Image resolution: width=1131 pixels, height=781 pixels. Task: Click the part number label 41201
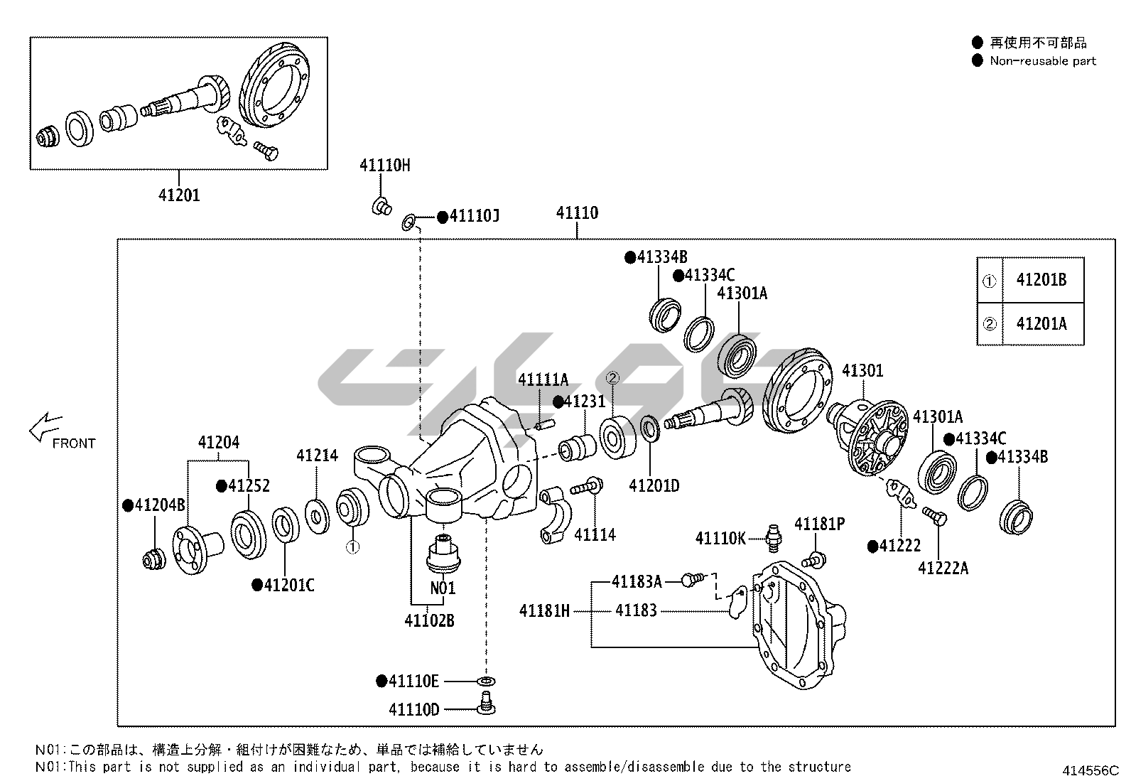pyautogui.click(x=179, y=195)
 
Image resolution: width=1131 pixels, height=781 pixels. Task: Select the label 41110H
pyautogui.click(x=384, y=166)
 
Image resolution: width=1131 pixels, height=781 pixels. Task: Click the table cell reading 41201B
pyautogui.click(x=1041, y=279)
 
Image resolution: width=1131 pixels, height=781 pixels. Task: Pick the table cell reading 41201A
pyautogui.click(x=1041, y=323)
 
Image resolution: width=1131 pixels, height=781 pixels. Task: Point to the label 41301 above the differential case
pyautogui.click(x=862, y=370)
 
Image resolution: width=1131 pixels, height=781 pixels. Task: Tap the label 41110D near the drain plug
pyautogui.click(x=414, y=709)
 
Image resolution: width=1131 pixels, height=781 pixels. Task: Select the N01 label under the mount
pyautogui.click(x=443, y=588)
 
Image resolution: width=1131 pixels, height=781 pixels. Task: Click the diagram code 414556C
pyautogui.click(x=1091, y=770)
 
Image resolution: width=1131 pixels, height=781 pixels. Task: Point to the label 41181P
pyautogui.click(x=819, y=524)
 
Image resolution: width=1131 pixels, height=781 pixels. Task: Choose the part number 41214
pyautogui.click(x=317, y=456)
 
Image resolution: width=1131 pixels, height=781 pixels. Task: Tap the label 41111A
pyautogui.click(x=543, y=379)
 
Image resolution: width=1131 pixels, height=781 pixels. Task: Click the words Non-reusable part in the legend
pyautogui.click(x=1043, y=61)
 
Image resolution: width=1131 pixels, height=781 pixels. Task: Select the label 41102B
pyautogui.click(x=429, y=620)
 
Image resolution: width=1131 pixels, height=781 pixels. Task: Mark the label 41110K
pyautogui.click(x=720, y=538)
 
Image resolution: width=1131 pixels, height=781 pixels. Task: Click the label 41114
pyautogui.click(x=595, y=534)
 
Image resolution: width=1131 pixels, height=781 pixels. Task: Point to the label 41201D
pyautogui.click(x=654, y=485)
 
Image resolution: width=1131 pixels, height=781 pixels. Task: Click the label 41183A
pyautogui.click(x=637, y=582)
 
